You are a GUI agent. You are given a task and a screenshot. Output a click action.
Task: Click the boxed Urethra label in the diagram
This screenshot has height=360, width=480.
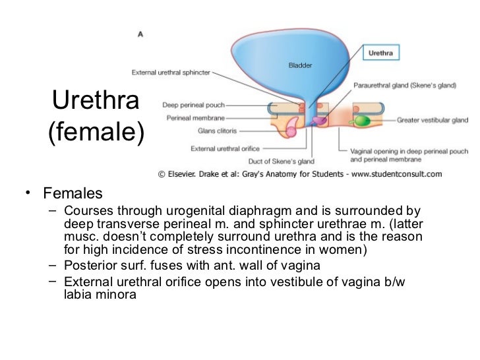tap(380, 53)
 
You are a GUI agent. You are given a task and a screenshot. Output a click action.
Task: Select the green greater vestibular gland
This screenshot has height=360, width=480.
tap(362, 121)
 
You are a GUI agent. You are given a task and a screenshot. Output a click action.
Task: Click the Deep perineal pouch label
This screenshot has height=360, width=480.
tap(194, 105)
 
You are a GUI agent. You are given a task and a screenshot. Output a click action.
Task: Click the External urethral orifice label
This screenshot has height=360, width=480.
tap(225, 148)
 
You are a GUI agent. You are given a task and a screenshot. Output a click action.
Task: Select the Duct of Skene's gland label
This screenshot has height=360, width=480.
tap(281, 161)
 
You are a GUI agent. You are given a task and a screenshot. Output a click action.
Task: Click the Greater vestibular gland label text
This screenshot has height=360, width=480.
tap(432, 121)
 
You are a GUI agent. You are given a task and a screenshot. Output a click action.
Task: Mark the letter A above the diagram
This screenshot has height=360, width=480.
tap(140, 34)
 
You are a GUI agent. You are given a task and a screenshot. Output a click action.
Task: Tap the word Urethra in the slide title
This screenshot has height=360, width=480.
tap(96, 101)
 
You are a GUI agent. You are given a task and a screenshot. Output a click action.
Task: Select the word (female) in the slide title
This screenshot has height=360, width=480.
tap(96, 133)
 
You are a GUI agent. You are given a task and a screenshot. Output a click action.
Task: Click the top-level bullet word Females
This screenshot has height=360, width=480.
tap(73, 194)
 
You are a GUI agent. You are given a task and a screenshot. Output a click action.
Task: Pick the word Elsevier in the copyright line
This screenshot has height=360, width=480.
tap(190, 175)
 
